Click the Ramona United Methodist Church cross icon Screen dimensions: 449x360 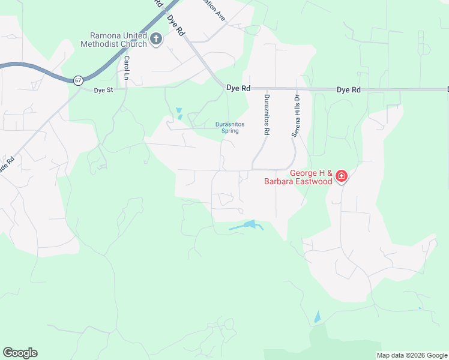(156, 40)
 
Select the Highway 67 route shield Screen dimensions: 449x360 (78, 80)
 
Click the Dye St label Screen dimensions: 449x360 (103, 91)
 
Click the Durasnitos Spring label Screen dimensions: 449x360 (231, 128)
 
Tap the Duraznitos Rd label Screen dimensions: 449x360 (267, 114)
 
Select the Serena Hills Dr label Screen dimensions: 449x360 (295, 116)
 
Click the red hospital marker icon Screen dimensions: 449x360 (342, 176)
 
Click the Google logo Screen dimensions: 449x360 (20, 353)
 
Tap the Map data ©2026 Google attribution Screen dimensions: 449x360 (412, 355)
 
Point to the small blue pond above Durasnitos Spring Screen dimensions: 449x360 (179, 112)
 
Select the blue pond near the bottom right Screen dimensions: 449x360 (317, 317)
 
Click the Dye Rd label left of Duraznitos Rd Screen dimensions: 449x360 (238, 88)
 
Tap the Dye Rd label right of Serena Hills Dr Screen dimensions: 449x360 (348, 89)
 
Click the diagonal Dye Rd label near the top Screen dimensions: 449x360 (176, 26)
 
